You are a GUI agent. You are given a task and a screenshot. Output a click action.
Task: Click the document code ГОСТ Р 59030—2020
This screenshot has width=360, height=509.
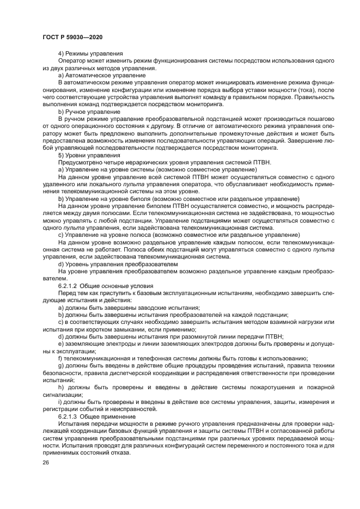(x=72, y=36)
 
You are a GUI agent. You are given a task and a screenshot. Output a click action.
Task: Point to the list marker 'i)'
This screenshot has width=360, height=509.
(x=60, y=402)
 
